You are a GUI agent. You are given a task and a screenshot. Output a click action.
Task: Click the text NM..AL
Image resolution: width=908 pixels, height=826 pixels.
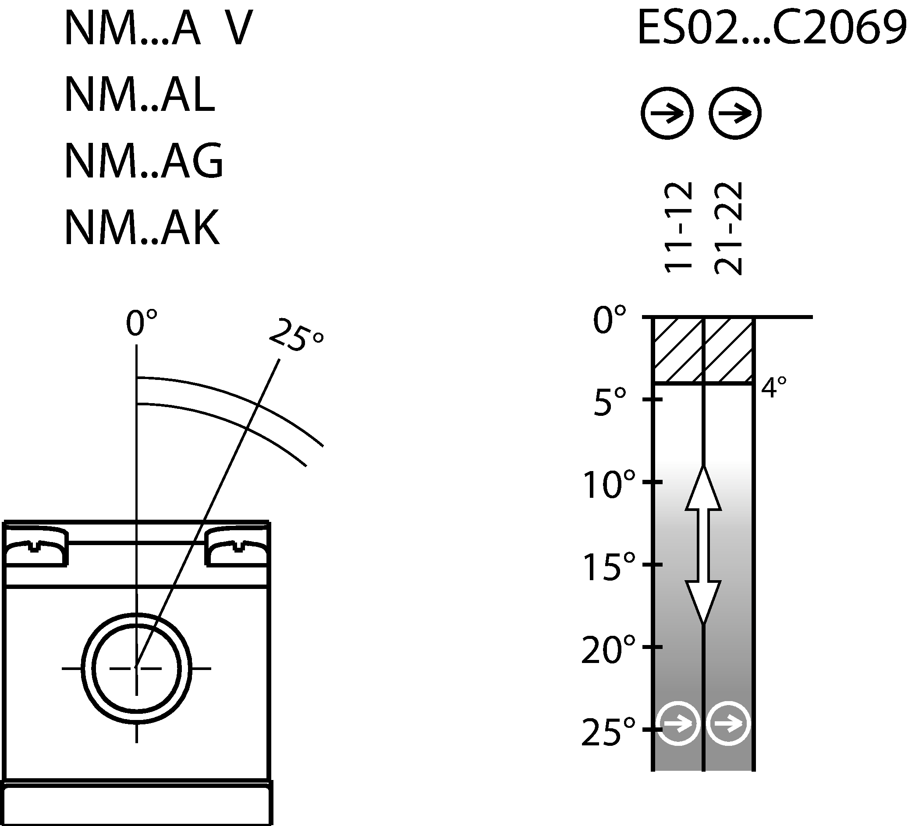pyautogui.click(x=140, y=95)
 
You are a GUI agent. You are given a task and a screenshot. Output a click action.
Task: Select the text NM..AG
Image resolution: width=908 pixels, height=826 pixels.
pyautogui.click(x=144, y=161)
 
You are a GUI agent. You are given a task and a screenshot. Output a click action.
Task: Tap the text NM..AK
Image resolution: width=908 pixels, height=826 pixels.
pyautogui.click(x=142, y=227)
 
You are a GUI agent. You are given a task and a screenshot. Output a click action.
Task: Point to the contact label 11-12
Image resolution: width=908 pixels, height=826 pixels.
pyautogui.click(x=677, y=227)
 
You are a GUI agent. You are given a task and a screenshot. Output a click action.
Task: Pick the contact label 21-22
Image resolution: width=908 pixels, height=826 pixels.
pyautogui.click(x=728, y=227)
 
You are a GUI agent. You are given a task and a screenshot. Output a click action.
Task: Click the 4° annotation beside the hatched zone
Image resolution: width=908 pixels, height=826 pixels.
pyautogui.click(x=774, y=387)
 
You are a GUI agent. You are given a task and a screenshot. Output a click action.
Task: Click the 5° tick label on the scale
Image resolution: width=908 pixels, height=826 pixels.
pyautogui.click(x=610, y=402)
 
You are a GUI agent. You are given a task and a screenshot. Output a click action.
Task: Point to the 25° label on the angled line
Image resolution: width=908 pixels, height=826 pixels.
pyautogui.click(x=296, y=336)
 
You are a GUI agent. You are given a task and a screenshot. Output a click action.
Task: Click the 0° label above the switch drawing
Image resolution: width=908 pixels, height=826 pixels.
pyautogui.click(x=142, y=323)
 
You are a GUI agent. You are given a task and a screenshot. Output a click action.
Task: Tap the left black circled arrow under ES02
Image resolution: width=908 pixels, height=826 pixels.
pyautogui.click(x=667, y=113)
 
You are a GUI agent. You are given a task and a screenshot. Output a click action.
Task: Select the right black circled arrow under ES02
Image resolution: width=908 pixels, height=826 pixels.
pyautogui.click(x=734, y=113)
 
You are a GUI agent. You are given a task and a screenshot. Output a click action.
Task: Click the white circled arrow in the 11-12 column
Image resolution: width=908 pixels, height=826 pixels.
pyautogui.click(x=678, y=724)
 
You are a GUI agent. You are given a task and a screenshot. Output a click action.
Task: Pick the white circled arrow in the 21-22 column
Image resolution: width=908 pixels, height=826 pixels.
pyautogui.click(x=728, y=724)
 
